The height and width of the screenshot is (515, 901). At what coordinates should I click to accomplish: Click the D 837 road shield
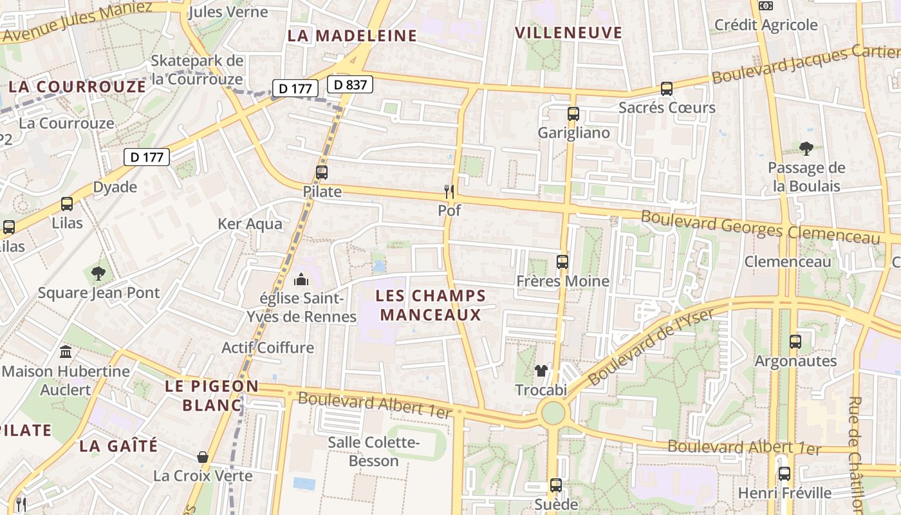tap(350, 84)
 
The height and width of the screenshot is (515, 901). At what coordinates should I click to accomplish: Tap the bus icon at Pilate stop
tap(322, 173)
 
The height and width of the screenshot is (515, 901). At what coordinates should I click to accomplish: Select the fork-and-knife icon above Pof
tap(449, 191)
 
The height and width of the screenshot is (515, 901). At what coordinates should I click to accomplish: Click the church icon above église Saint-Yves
tap(301, 279)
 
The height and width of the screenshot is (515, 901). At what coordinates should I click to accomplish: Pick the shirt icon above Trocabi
tap(541, 370)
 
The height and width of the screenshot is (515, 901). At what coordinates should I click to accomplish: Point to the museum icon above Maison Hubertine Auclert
tap(66, 352)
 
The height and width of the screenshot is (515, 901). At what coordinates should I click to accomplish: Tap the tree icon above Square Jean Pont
tap(98, 274)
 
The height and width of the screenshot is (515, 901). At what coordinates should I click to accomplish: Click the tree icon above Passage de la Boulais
tap(806, 149)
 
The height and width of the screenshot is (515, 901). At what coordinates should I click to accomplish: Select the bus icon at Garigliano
tap(573, 114)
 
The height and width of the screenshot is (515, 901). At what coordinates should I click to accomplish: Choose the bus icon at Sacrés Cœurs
tap(667, 89)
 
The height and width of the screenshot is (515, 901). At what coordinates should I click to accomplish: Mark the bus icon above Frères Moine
tap(562, 262)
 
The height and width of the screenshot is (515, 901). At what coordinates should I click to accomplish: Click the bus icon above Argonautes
tap(795, 342)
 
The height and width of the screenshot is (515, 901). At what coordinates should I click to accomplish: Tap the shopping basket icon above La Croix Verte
tap(203, 457)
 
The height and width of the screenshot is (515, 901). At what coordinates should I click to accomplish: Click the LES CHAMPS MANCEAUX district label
tap(431, 305)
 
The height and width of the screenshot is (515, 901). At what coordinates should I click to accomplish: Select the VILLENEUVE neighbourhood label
tap(569, 33)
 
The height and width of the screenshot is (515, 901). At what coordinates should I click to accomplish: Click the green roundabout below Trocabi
tap(552, 413)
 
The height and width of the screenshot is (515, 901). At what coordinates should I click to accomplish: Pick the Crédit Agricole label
tap(766, 25)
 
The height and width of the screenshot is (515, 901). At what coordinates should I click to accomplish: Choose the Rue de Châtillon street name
tap(855, 454)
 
